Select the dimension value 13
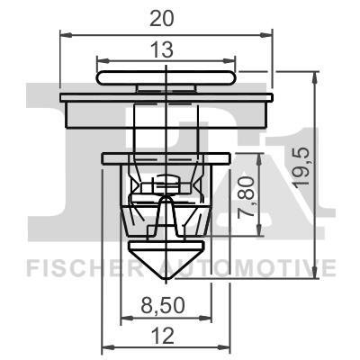click(x=165, y=52)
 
